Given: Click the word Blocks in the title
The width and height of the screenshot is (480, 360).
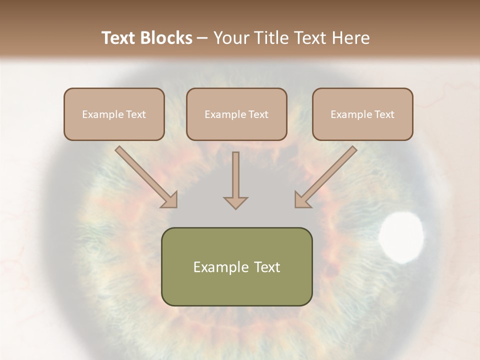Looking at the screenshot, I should pos(167,38).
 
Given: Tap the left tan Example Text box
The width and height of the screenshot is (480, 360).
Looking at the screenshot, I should pos(114,114).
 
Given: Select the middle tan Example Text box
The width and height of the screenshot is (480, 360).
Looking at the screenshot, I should pos(236,114).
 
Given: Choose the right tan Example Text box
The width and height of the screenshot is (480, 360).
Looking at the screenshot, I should pos(362,114).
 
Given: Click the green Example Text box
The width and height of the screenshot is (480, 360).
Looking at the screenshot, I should pos(236,266).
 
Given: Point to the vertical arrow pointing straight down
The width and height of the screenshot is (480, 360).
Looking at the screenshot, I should pos(235,180).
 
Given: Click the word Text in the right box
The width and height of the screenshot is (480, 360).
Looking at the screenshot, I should pos(384,114).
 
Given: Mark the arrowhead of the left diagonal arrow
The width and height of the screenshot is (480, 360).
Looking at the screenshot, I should pos(170,200).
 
